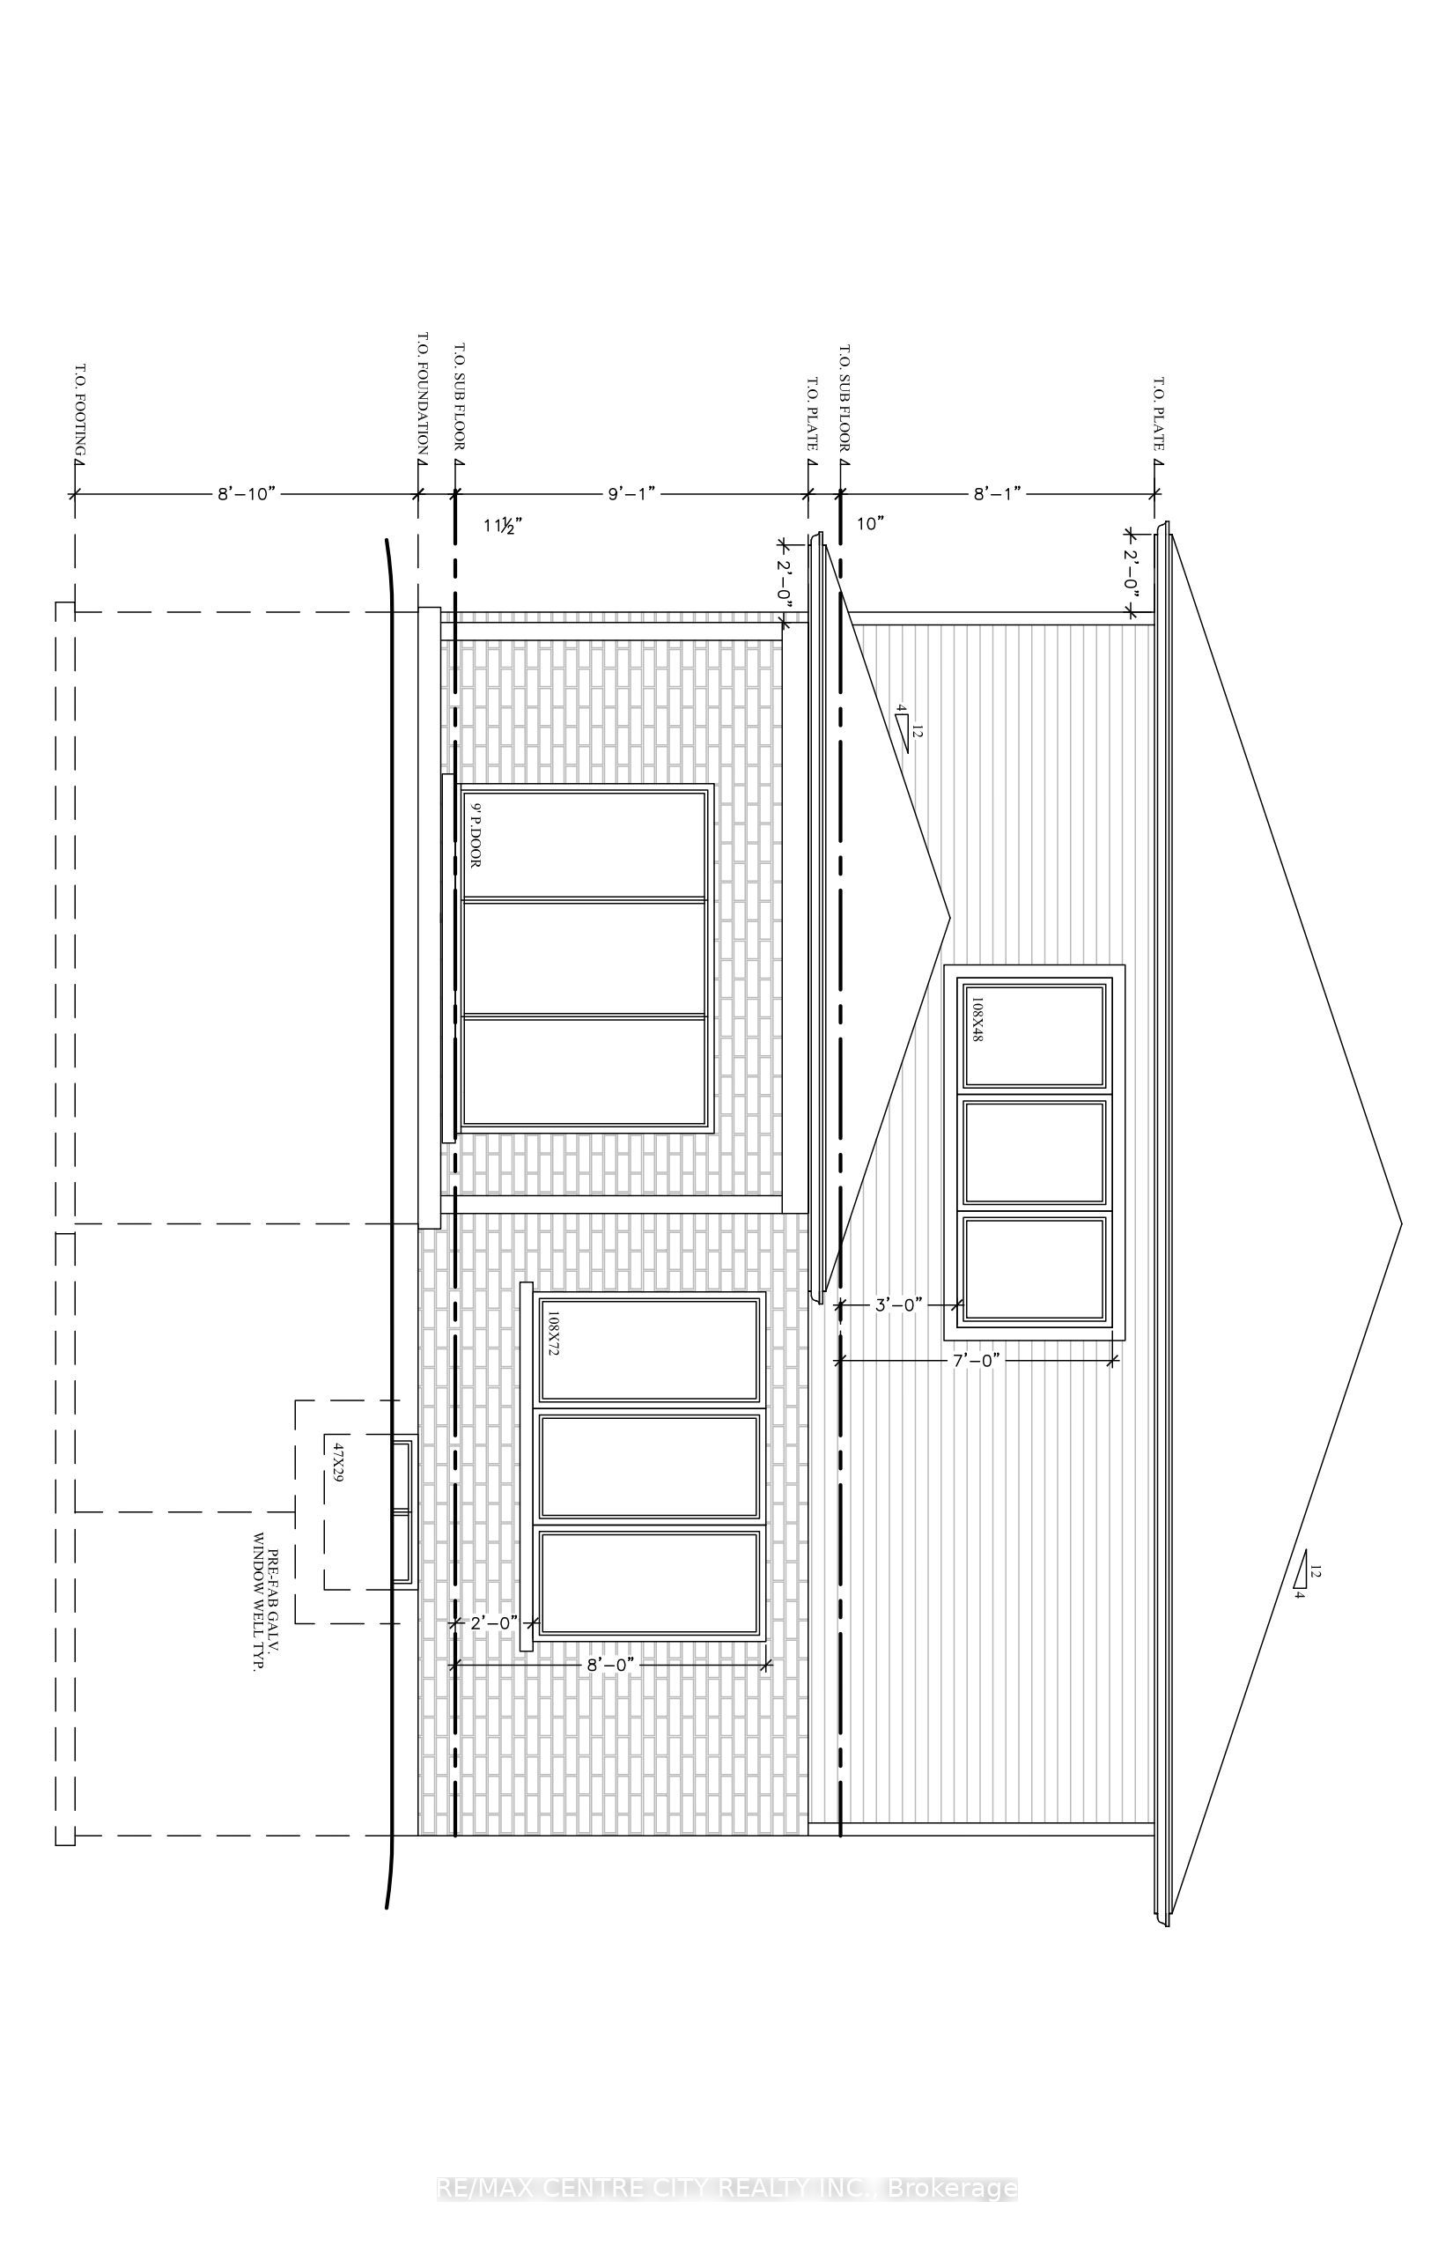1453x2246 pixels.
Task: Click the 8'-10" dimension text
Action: tap(246, 493)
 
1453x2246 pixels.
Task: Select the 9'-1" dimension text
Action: tap(631, 493)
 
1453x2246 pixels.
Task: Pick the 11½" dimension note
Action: tap(503, 526)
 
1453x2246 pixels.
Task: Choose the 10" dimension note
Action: tap(870, 524)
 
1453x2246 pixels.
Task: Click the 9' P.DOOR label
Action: tap(476, 834)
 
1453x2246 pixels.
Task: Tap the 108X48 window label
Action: tap(977, 1019)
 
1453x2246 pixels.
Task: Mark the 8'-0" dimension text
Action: tap(610, 1666)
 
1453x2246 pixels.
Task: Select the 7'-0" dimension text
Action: tap(976, 1361)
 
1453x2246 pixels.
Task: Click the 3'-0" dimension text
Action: tap(898, 1305)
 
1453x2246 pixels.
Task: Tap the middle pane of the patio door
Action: tap(585, 957)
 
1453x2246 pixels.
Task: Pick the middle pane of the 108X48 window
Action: tap(1035, 1151)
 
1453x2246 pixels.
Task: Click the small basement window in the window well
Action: tap(404, 1510)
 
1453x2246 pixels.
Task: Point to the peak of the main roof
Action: tap(1402, 1225)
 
